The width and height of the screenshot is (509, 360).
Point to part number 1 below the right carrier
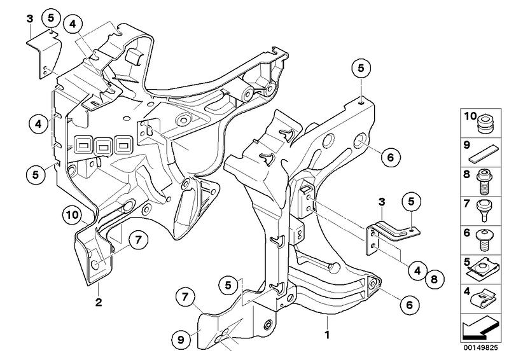point(327,333)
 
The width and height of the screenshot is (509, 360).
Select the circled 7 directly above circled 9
point(185,296)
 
